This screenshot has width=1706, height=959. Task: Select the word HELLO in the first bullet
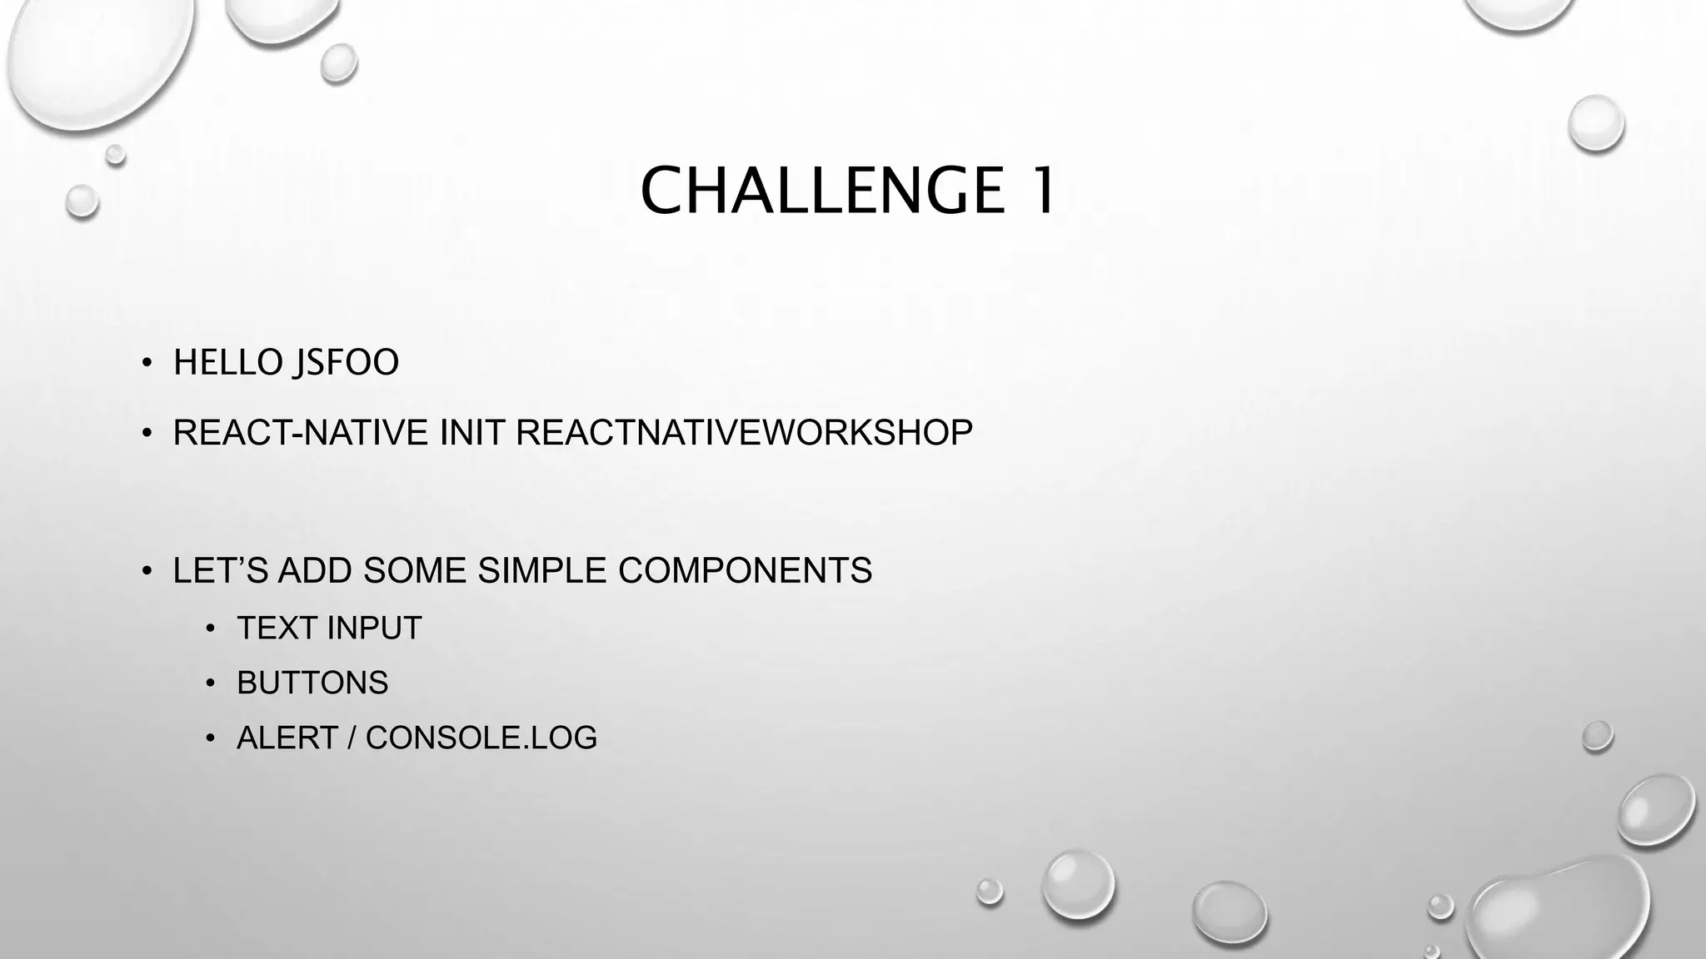coord(227,363)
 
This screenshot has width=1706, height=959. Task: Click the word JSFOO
coord(345,363)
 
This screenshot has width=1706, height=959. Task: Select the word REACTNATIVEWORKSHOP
coord(744,433)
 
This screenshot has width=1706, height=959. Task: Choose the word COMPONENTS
coord(745,571)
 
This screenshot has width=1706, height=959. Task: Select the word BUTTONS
coord(312,683)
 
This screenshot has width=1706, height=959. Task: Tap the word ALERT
coord(287,738)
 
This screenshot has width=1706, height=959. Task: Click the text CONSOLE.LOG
coord(481,738)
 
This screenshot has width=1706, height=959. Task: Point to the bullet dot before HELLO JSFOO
coord(147,363)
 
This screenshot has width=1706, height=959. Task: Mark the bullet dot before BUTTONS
coord(211,683)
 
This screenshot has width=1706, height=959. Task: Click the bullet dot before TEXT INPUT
coord(211,629)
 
